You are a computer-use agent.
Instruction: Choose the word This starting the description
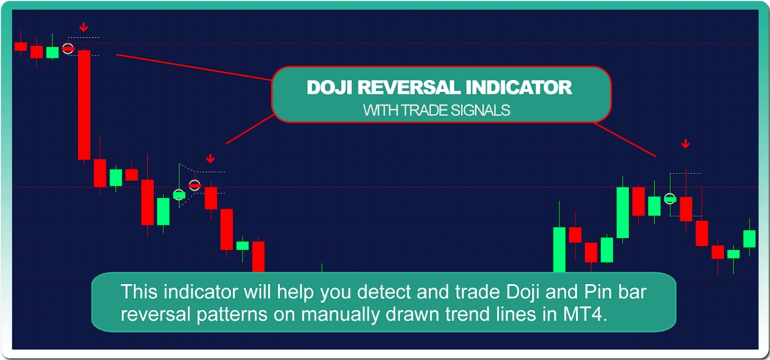tap(138, 291)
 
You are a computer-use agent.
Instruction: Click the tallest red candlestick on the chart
tap(84, 104)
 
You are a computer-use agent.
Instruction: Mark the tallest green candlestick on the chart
tap(623, 212)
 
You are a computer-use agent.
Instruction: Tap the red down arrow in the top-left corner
tap(84, 26)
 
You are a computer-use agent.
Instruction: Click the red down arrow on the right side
tap(685, 144)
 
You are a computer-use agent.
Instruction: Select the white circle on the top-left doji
tap(68, 49)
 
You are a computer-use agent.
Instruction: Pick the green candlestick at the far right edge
tap(749, 239)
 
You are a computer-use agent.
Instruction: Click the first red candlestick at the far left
tap(20, 46)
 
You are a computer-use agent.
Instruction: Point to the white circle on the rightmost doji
tap(670, 199)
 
